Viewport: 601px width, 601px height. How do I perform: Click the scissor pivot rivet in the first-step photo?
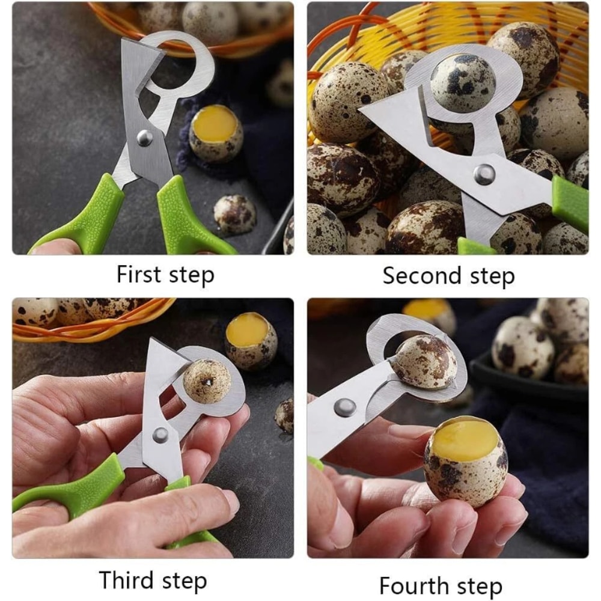point(144,138)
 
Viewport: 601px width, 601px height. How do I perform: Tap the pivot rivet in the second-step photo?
point(484,174)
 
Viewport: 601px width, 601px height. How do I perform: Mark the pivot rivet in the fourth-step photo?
point(344,407)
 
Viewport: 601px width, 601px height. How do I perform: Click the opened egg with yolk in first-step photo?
point(216,133)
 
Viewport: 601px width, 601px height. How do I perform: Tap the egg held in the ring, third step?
point(207,381)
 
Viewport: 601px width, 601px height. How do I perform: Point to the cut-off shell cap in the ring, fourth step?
point(425,361)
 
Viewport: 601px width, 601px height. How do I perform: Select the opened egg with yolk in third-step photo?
point(251,340)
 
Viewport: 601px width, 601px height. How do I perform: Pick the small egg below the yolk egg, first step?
point(234,213)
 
